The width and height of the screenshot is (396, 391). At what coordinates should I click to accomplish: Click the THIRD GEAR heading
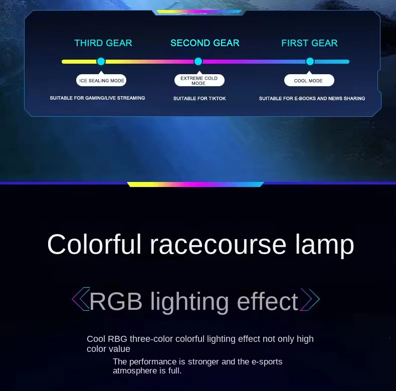pos(103,43)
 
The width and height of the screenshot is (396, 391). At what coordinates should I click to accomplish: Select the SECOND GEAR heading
pos(205,43)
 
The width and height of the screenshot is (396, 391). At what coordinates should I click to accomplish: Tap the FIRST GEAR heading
pos(309,43)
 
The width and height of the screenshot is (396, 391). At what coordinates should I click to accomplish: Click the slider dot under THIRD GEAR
pos(101,61)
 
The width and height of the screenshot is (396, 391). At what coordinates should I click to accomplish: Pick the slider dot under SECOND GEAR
pos(199,61)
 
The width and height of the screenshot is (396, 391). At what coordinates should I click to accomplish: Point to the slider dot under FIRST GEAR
pos(310,61)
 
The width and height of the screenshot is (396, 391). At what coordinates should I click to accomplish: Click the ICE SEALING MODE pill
pos(101,80)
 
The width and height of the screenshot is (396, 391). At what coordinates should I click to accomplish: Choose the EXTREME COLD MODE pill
pos(200,80)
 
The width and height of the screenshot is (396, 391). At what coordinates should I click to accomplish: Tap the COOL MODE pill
pos(309,80)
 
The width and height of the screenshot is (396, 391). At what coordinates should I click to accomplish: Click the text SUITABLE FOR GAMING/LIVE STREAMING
pos(97,98)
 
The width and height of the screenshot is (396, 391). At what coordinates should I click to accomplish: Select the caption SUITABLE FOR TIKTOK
pos(200,99)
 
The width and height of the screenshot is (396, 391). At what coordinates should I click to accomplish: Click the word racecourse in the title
pos(218,245)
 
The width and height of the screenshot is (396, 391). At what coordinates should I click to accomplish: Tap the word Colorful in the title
pos(94,244)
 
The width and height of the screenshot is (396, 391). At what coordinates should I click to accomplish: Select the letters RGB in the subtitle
pos(116,301)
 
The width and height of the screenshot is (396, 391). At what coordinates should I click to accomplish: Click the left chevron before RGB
pos(81,299)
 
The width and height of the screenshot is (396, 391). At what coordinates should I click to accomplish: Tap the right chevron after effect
pos(310,299)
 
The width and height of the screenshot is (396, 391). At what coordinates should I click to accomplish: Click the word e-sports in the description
pos(267,362)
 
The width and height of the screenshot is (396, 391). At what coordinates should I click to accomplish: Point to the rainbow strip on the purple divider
pos(195,184)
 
